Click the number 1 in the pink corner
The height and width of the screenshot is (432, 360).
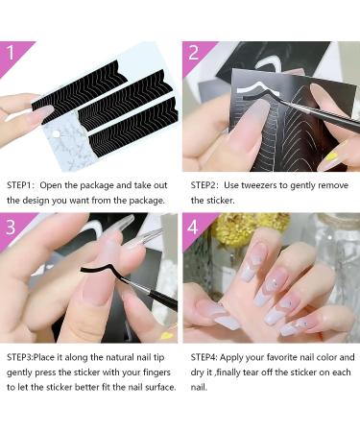tap(11, 53)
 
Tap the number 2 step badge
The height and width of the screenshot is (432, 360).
tap(194, 53)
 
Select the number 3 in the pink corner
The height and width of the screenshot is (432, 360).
tap(11, 227)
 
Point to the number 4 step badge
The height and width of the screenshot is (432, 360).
tap(193, 228)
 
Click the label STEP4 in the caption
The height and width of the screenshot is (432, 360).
tap(204, 357)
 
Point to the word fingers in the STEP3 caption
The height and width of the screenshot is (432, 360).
tap(156, 372)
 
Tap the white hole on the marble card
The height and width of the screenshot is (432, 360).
tap(57, 134)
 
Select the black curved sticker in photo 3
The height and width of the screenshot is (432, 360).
tap(99, 271)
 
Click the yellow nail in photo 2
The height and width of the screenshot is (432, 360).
tap(331, 157)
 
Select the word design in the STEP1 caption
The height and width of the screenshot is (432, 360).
tap(34, 201)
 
